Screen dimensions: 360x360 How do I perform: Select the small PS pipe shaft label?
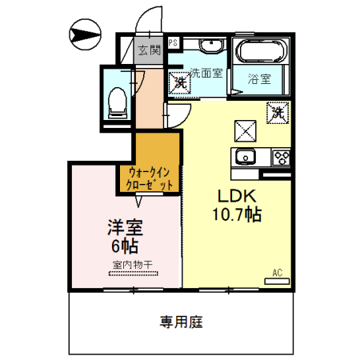(x=174, y=42)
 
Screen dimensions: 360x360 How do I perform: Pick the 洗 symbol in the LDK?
(x=276, y=113)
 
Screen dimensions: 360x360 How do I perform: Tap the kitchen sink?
(x=244, y=156)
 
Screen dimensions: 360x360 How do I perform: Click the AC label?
(x=278, y=273)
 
